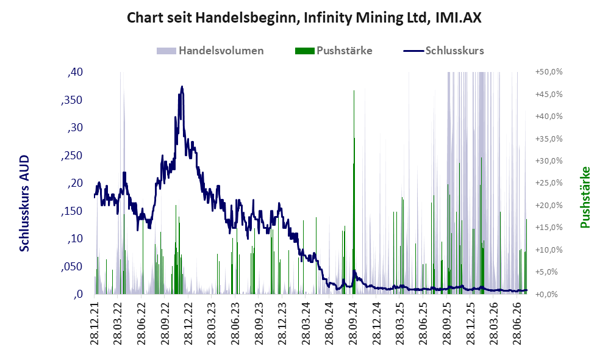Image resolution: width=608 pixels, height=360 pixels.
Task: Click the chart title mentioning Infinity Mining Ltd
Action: (304, 18)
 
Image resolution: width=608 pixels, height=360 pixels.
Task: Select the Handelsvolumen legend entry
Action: (210, 51)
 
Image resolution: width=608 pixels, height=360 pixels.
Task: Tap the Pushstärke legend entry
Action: (334, 51)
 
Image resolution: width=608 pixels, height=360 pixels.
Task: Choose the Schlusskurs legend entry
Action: (443, 51)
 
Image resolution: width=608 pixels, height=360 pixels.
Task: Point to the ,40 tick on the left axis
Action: (75, 72)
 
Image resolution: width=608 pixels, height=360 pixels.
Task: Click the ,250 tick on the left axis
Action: (72, 155)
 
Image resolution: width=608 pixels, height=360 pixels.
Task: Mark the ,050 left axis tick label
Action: (72, 267)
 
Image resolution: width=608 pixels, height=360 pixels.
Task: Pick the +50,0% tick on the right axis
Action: (549, 72)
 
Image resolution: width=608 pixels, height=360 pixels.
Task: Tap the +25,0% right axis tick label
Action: (549, 182)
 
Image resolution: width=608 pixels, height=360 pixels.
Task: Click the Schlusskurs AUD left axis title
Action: (24, 203)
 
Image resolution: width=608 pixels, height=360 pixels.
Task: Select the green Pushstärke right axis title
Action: (585, 197)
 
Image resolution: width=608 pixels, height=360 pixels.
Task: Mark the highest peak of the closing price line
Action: (182, 87)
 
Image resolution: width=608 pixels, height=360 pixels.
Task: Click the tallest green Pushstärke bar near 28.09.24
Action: (354, 192)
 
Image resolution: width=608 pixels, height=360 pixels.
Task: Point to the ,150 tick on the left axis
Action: (72, 211)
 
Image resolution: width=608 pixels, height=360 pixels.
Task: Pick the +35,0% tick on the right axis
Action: (549, 139)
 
